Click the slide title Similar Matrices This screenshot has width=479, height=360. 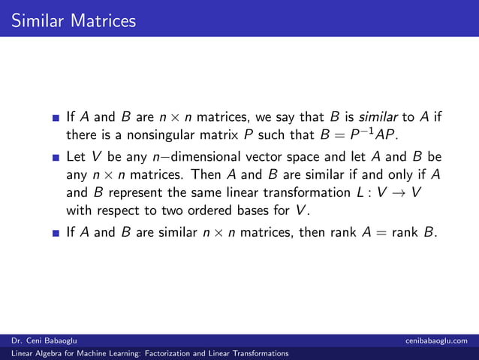click(x=74, y=20)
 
